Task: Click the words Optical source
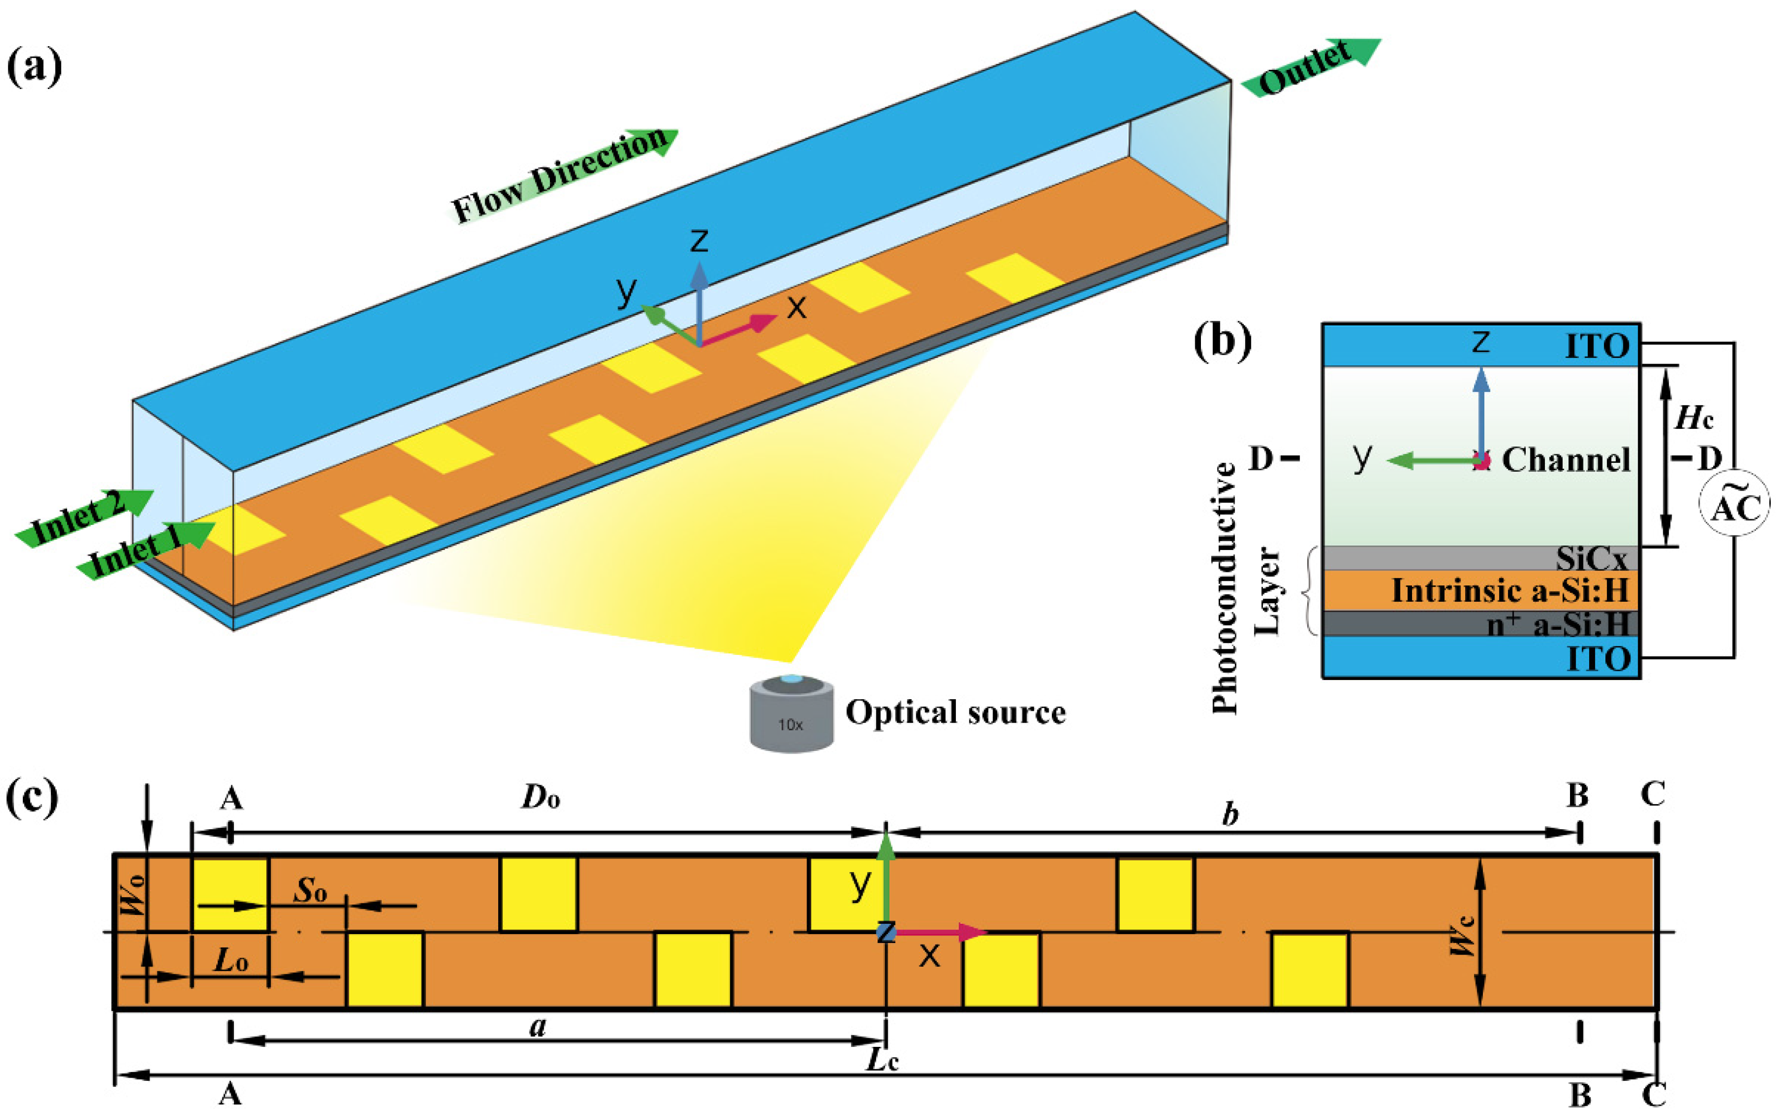955,712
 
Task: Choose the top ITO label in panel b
1597,345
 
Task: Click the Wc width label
1462,934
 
